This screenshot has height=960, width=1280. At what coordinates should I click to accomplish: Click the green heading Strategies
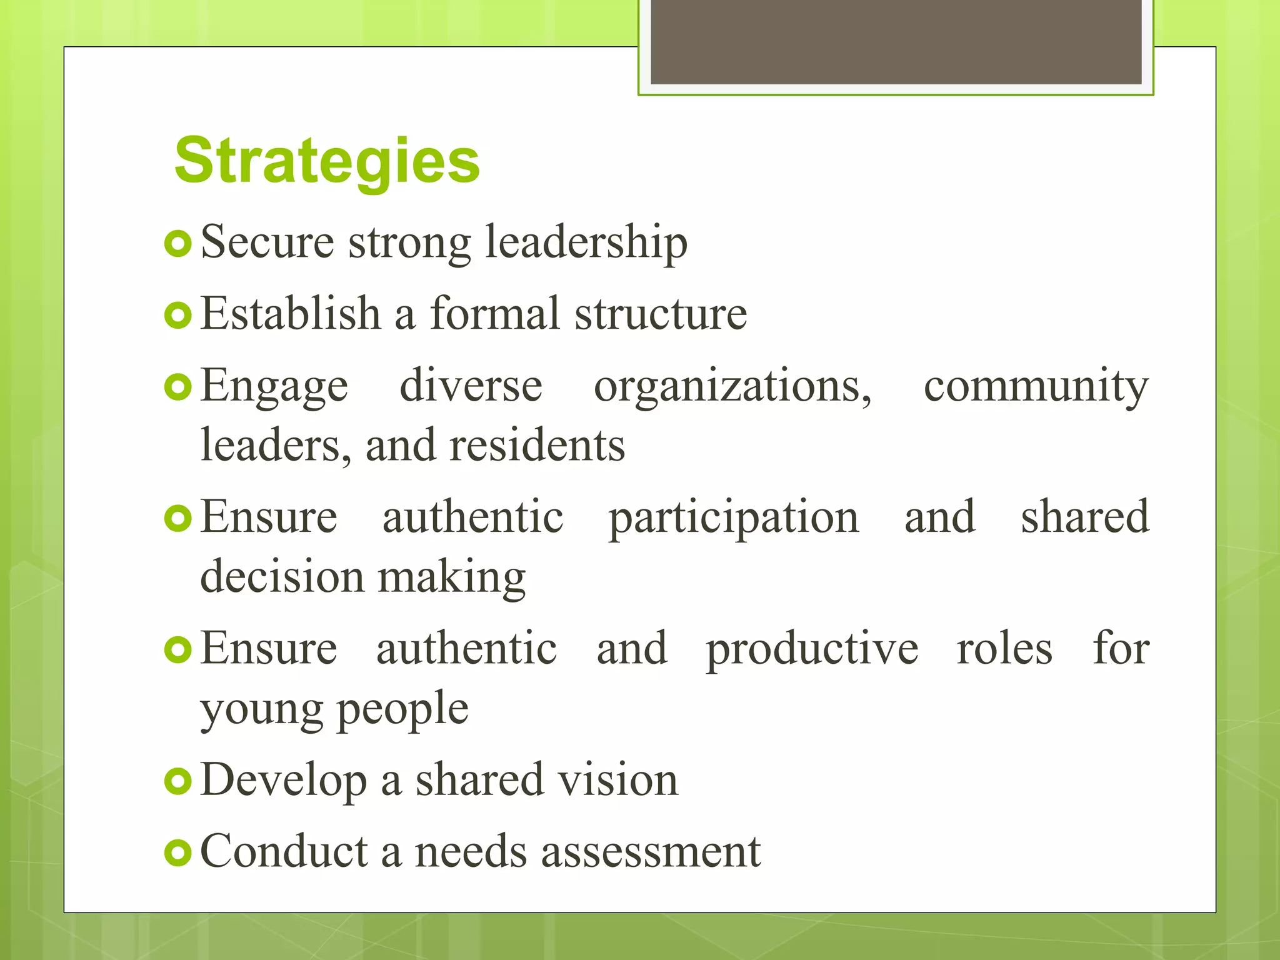327,161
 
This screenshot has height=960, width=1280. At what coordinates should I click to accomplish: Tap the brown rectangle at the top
896,42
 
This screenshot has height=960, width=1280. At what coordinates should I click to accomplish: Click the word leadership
586,242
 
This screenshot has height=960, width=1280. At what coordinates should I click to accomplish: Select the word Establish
291,313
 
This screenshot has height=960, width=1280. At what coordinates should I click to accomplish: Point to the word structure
661,313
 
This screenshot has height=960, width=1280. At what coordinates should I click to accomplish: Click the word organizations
732,386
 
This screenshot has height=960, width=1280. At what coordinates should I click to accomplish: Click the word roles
1004,649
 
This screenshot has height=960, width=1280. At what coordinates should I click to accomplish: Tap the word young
261,709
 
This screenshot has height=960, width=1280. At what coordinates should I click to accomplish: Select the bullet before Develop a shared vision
178,781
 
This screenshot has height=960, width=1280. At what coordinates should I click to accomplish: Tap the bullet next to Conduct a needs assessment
178,852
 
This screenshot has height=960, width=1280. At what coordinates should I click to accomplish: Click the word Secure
267,242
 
